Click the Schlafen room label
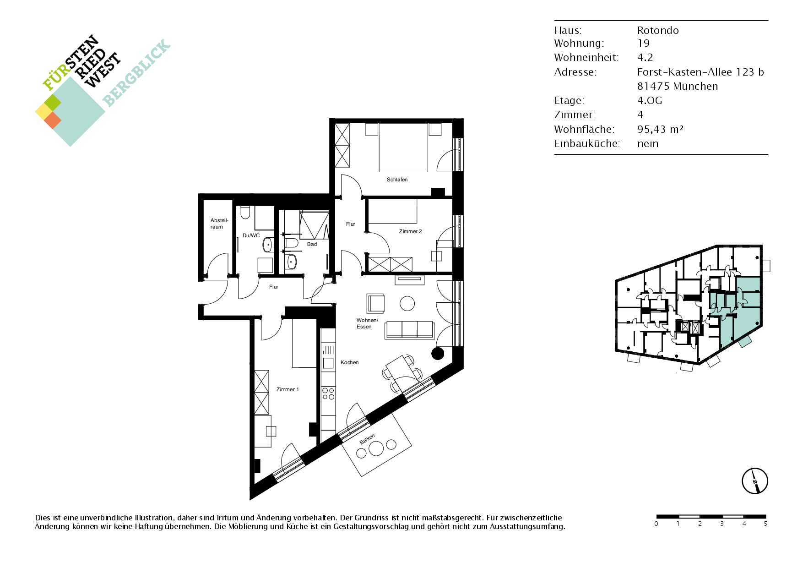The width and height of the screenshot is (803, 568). tap(397, 180)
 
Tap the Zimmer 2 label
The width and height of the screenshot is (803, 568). tap(410, 231)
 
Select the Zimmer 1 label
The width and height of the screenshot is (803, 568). tap(288, 389)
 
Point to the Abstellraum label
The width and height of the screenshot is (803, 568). tap(219, 224)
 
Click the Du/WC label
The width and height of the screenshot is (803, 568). tap(251, 235)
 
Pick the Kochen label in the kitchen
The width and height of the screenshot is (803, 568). tap(349, 362)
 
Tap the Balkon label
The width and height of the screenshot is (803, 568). tap(367, 439)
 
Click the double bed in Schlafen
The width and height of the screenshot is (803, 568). tap(403, 147)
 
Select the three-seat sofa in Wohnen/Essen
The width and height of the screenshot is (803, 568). tap(410, 330)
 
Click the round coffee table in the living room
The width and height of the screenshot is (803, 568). tap(407, 303)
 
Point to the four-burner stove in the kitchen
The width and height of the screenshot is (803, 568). tap(328, 394)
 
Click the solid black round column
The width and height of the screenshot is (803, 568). tap(438, 353)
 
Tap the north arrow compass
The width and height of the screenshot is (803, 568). tap(754, 481)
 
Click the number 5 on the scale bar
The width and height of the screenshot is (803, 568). tap(765, 524)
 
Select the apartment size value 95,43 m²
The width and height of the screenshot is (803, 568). tap(660, 129)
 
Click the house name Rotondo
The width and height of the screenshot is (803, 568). tap(658, 30)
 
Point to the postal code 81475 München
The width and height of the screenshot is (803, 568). tap(678, 86)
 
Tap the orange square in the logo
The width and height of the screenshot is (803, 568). tap(53, 120)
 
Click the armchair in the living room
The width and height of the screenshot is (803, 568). tap(375, 303)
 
